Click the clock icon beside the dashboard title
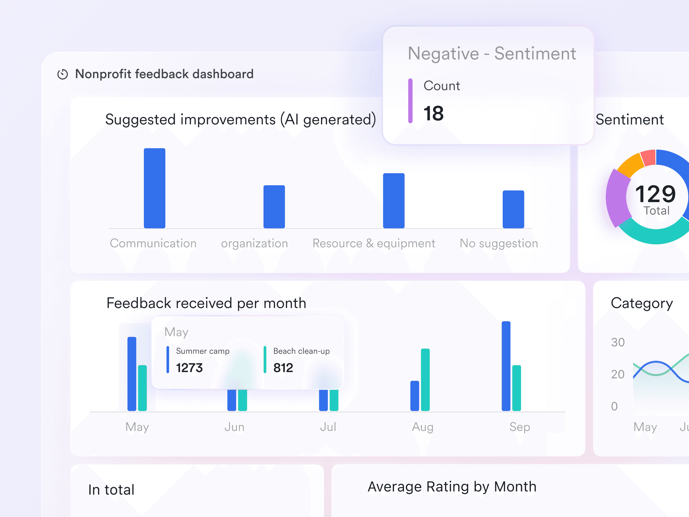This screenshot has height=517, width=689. (63, 74)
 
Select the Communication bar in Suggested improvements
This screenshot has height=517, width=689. (154, 188)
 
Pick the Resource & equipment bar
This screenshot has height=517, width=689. (394, 201)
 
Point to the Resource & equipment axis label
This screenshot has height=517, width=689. (374, 243)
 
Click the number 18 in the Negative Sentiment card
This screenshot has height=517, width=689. (433, 113)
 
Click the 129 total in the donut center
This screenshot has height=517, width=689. (656, 194)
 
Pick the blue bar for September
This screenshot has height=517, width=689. (506, 366)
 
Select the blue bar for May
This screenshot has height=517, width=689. (132, 374)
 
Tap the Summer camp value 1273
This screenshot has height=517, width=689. (189, 368)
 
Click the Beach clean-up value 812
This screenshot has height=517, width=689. (283, 368)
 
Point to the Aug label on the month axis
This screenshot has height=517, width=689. (422, 427)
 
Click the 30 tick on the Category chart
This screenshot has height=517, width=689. (618, 342)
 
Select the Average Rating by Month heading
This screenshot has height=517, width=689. (452, 487)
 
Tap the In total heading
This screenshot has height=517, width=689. (111, 490)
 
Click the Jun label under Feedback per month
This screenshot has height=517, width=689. (235, 427)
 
